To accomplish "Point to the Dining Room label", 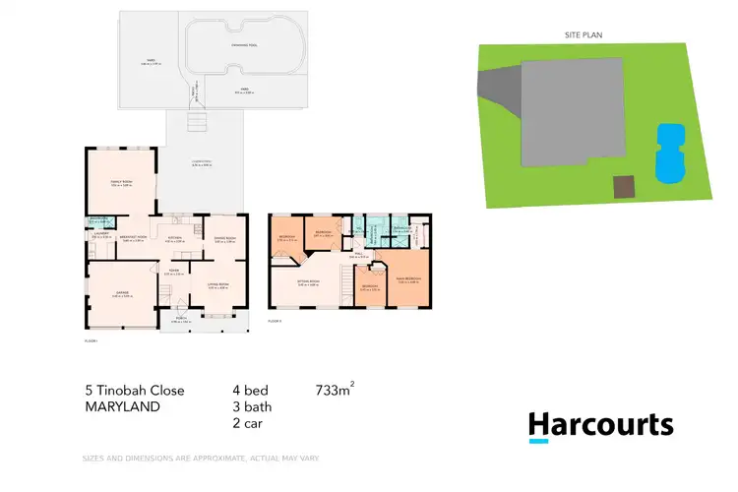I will [x=225, y=238].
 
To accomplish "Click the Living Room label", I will [x=218, y=285].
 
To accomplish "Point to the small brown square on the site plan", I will [x=623, y=186].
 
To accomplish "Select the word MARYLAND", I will [x=122, y=405].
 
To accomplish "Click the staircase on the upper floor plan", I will [x=346, y=285].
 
